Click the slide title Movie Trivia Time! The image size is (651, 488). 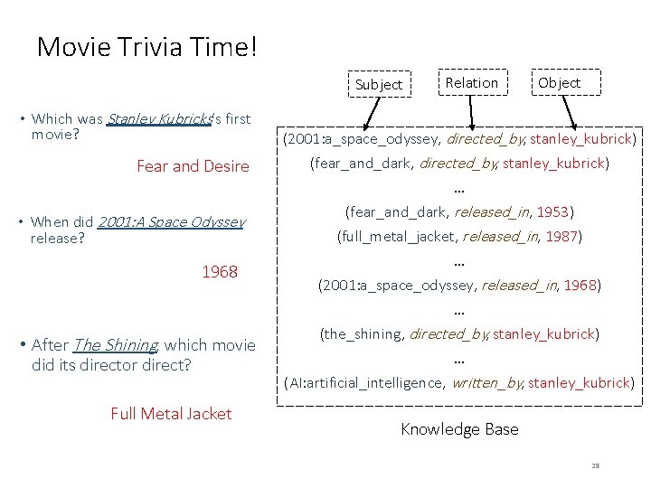point(146,47)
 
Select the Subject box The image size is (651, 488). point(378,84)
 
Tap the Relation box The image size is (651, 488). point(471,82)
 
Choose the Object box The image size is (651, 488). point(559,82)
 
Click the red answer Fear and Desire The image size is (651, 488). point(193,166)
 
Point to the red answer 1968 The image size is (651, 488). point(220,271)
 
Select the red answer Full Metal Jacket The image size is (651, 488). point(171,414)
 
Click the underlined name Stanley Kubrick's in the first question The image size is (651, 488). point(159,118)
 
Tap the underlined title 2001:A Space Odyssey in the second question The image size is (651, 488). point(169,222)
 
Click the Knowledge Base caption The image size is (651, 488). point(459,429)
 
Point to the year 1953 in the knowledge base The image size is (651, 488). point(552,212)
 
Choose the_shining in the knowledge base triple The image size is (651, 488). point(361,334)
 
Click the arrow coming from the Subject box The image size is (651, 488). point(365,117)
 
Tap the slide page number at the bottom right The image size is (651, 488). point(596,466)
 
